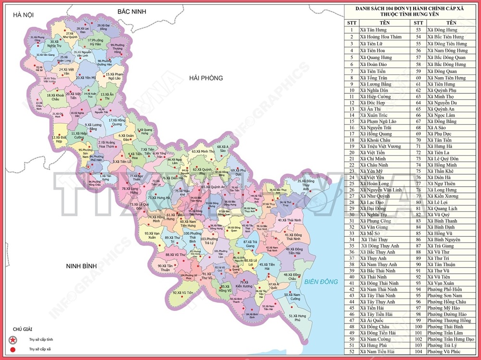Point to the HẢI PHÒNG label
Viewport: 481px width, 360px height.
pos(206,78)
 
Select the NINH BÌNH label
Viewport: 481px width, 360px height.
pos(82,266)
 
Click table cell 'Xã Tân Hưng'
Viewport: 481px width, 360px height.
pos(373,30)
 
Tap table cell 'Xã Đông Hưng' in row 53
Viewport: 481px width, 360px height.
pos(443,30)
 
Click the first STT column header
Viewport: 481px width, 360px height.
pos(352,23)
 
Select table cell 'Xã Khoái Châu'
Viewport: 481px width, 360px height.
pos(376,139)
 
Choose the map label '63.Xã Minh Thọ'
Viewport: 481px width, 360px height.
pos(203,152)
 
